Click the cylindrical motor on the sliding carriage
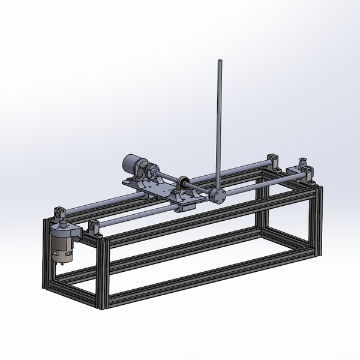pos(132,163)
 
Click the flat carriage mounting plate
pos(157,188)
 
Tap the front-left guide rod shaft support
pos(94,228)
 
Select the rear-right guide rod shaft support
pos(273,160)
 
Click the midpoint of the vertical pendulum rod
pos(218,126)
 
